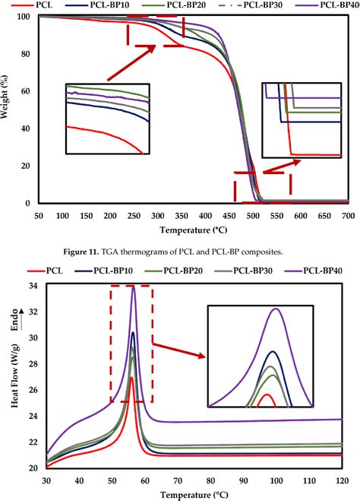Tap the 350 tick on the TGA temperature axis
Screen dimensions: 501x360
pos(179,216)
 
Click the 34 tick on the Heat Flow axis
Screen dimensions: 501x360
pos(33,286)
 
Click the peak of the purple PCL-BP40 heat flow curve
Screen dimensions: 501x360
pos(134,287)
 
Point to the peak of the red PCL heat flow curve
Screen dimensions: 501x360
pos(131,377)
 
